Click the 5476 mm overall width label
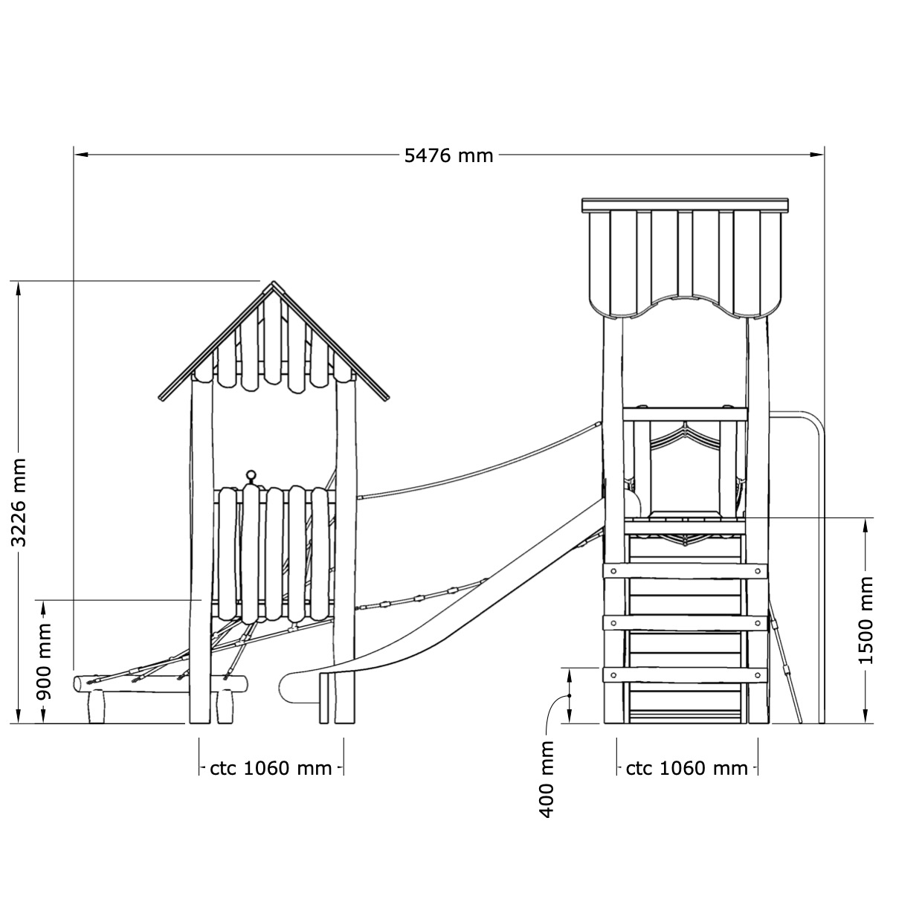[448, 155]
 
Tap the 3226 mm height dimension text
[19, 503]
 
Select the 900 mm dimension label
[44, 662]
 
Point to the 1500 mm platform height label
[865, 620]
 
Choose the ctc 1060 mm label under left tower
[271, 768]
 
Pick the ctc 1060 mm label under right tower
[686, 768]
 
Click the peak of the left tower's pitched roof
[274, 282]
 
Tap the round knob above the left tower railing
[251, 475]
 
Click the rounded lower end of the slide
[286, 688]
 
